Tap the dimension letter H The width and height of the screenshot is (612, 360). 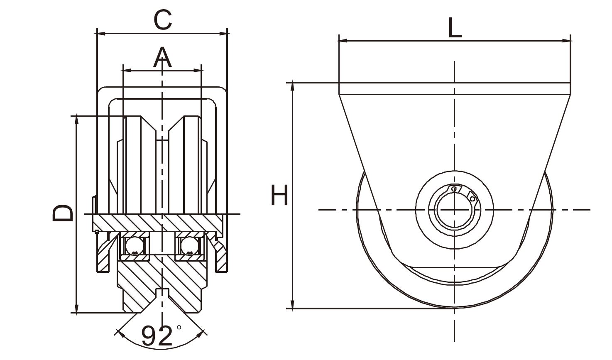point(279,195)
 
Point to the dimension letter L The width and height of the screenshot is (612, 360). point(455,29)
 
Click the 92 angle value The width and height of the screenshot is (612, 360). point(157,336)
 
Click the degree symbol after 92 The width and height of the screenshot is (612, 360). point(179,327)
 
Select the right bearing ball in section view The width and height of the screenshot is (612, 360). point(189,246)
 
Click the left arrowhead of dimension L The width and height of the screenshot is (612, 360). point(342,41)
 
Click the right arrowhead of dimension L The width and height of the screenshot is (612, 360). point(567,41)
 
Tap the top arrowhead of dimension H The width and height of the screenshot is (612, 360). point(293,86)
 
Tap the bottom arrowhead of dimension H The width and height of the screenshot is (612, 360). point(293,305)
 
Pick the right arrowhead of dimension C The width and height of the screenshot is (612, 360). point(224,33)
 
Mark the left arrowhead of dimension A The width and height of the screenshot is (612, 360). point(127,71)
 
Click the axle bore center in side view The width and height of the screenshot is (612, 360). point(455,210)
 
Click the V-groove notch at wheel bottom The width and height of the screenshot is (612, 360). point(162,293)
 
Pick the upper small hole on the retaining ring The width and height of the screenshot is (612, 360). point(454,189)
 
